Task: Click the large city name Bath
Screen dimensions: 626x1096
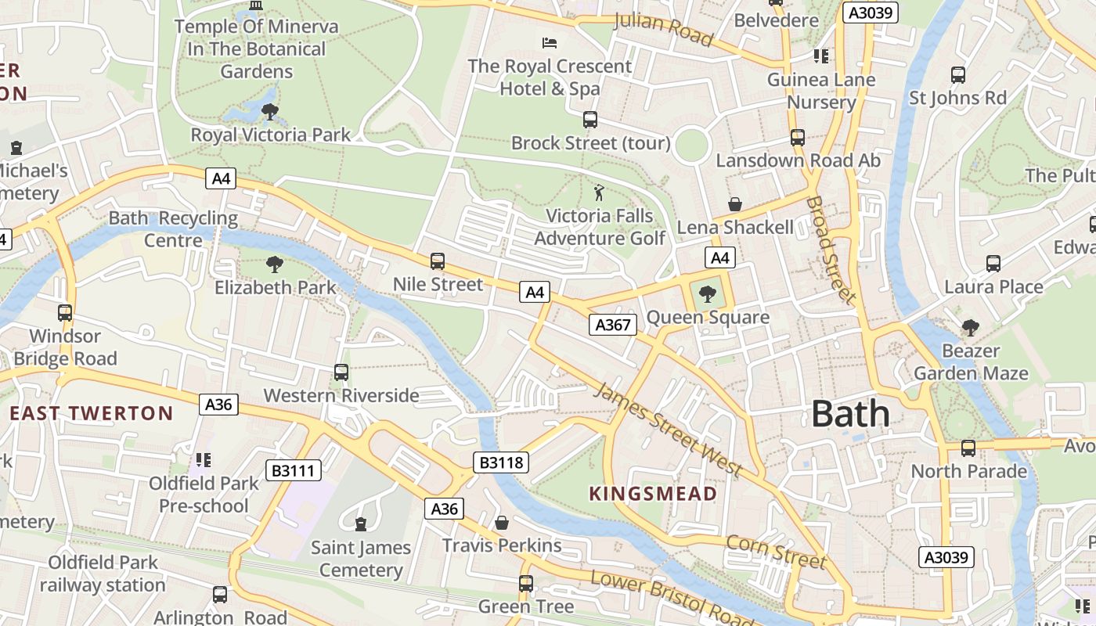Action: (850, 414)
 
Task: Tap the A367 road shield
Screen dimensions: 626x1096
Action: (612, 325)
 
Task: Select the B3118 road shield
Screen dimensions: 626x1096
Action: (500, 462)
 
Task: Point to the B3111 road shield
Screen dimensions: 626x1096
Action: (294, 470)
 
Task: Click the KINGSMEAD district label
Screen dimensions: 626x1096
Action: (653, 494)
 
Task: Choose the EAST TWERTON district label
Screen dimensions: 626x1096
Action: (91, 413)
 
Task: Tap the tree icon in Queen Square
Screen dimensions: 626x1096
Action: (708, 294)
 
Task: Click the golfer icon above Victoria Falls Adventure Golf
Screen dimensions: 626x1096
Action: (599, 192)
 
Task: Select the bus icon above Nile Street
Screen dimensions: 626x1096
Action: (438, 261)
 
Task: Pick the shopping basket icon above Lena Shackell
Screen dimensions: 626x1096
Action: (735, 205)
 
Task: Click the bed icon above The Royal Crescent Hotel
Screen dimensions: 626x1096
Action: (550, 42)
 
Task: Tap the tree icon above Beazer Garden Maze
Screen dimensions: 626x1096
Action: (971, 327)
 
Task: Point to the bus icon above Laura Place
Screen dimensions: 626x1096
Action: (993, 264)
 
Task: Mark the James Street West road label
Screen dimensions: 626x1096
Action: (667, 429)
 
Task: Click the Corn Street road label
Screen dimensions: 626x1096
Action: (776, 552)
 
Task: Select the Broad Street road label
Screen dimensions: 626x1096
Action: (831, 250)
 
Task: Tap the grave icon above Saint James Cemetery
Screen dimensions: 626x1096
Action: (361, 523)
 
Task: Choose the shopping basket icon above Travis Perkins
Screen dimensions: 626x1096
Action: (502, 522)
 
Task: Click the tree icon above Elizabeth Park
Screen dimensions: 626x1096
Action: (274, 264)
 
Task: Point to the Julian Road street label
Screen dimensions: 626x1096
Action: (663, 29)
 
